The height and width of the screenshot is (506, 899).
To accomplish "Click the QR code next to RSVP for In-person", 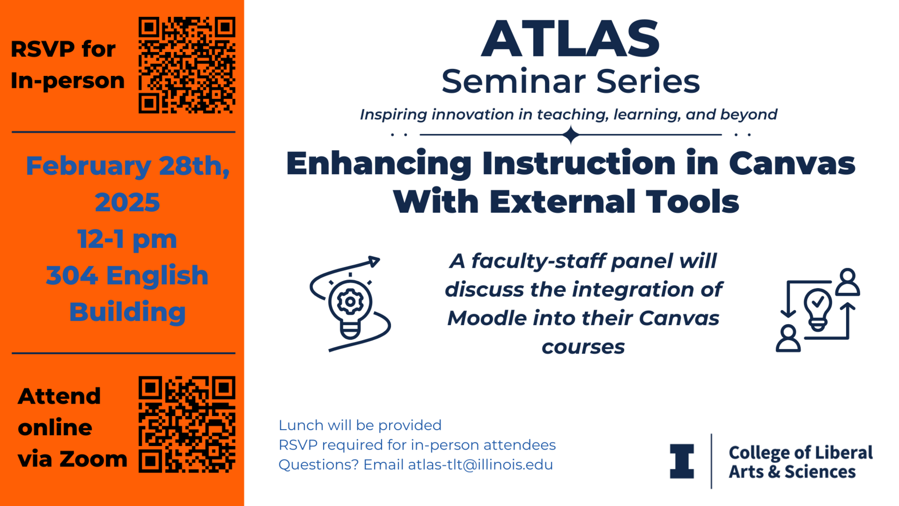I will (187, 65).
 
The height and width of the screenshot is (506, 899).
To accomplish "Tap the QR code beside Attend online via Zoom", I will (187, 425).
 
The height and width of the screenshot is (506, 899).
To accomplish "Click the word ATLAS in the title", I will (570, 39).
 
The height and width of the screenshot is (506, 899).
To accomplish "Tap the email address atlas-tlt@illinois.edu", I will (480, 465).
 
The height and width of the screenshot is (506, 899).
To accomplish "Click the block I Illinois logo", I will (682, 461).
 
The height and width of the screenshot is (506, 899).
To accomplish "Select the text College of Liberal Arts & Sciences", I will (800, 462).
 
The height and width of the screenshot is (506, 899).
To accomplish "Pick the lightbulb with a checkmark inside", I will (818, 309).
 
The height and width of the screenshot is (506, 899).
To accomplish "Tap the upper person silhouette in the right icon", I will (848, 282).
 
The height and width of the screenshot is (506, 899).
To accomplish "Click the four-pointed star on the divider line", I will (570, 135).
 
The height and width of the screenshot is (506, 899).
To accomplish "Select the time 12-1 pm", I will (127, 239).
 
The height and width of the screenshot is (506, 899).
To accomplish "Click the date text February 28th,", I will (127, 166).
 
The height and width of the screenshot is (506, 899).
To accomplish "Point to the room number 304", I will (71, 276).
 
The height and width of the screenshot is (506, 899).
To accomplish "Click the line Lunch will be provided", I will (360, 425).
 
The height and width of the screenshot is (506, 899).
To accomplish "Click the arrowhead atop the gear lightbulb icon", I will (374, 261).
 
